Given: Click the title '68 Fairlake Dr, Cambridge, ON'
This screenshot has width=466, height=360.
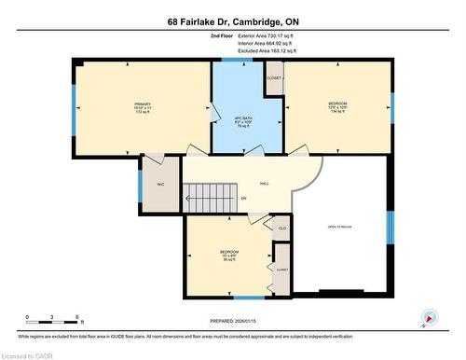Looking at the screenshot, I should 232,21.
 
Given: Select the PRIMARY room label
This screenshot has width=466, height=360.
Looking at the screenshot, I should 143,102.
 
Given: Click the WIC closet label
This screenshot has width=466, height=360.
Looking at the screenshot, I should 160,185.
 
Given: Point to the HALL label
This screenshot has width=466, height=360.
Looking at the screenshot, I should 264,184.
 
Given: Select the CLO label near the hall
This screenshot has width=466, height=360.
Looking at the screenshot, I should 281,227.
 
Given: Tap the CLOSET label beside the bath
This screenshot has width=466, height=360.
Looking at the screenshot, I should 273,78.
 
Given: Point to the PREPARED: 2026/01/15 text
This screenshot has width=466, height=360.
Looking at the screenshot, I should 232,322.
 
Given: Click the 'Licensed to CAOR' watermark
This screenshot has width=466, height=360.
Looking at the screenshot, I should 27,354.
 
